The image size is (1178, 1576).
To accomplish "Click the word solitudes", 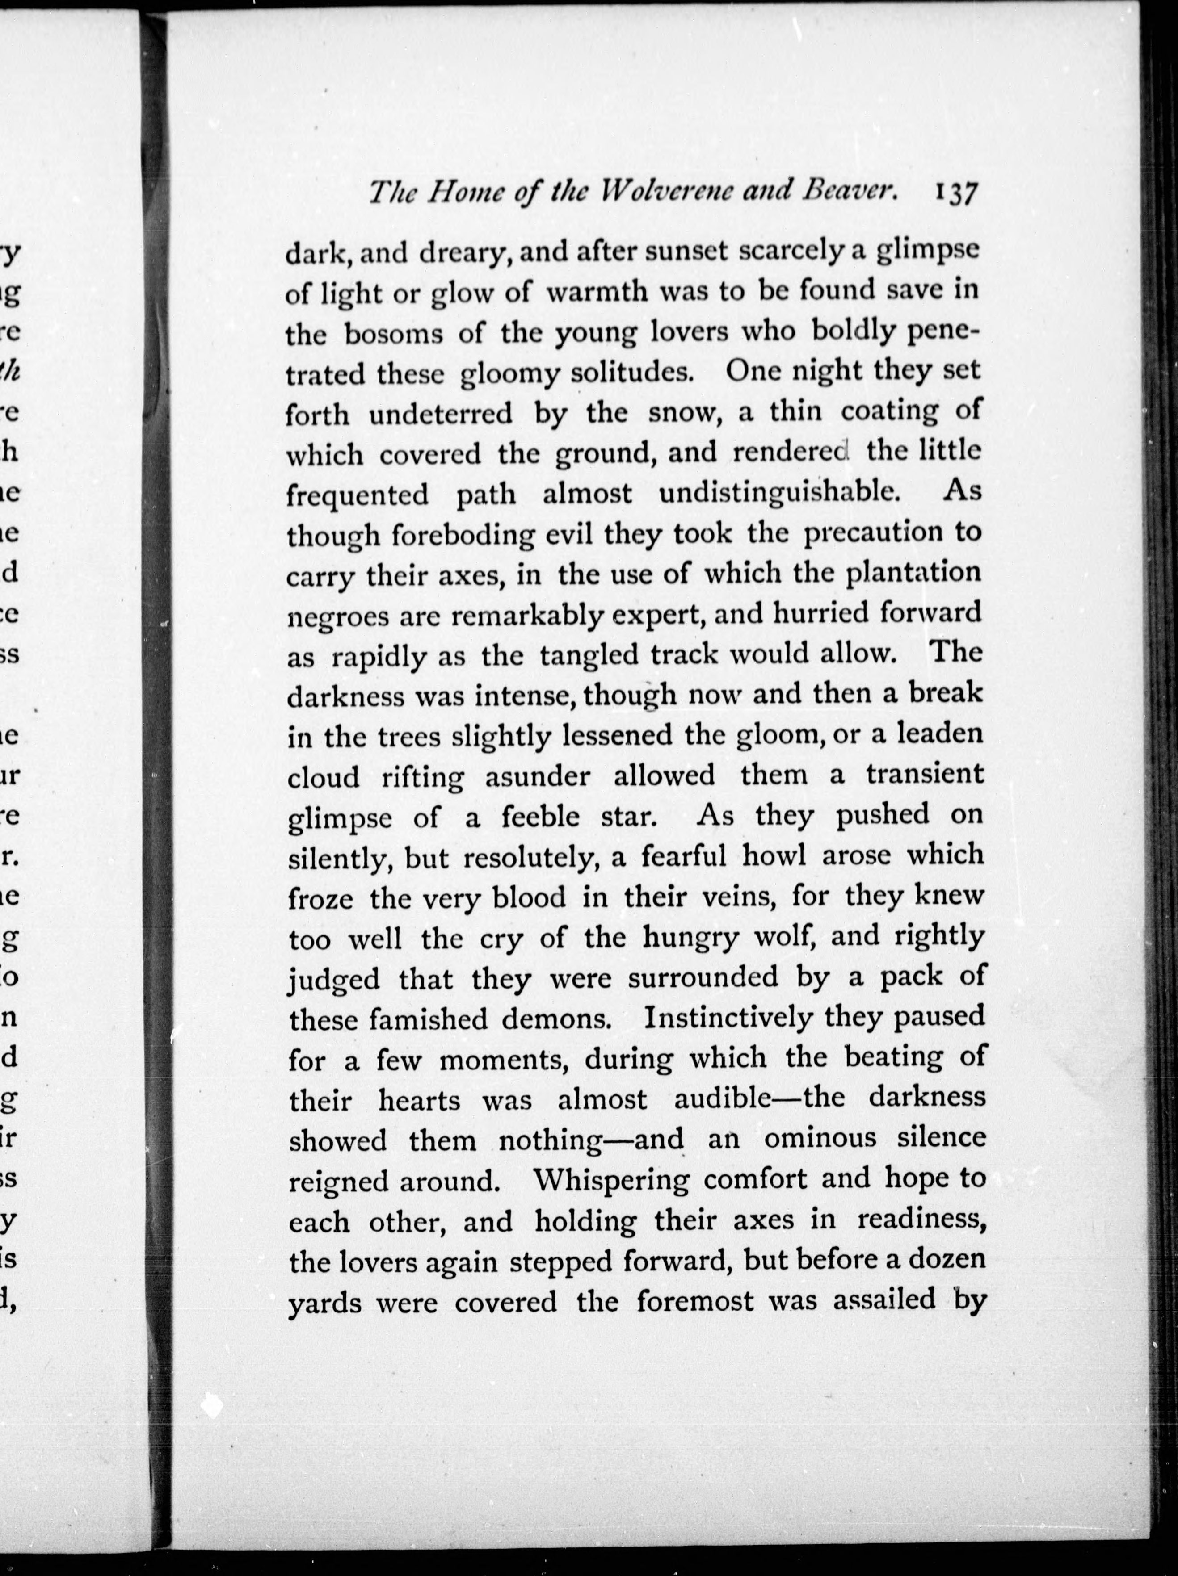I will tap(631, 373).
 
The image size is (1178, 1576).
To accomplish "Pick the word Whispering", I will tap(611, 1180).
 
